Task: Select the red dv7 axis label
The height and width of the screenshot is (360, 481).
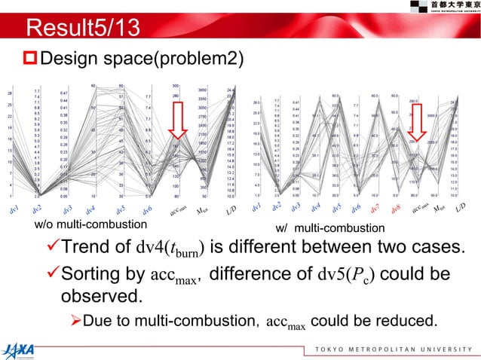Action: pos(377,206)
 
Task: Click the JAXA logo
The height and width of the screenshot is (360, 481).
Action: pos(23,346)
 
